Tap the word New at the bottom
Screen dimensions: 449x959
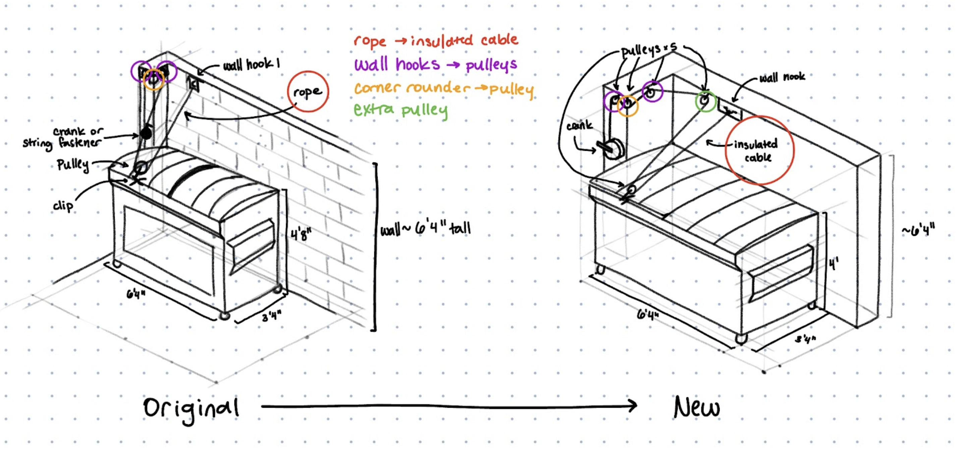pos(696,407)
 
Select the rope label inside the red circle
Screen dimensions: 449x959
pos(307,92)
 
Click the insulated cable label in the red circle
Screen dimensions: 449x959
pos(756,150)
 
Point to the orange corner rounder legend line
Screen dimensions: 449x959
pos(443,88)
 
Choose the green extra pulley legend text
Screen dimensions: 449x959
pos(401,110)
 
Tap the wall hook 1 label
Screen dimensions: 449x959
pos(251,65)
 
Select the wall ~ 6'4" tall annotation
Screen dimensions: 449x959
pos(425,228)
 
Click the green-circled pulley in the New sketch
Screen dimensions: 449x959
pos(705,101)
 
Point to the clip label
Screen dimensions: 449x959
pos(63,205)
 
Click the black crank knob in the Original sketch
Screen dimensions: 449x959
pos(146,132)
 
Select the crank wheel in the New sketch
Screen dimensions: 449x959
pos(613,148)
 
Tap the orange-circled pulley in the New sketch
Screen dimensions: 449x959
pos(628,106)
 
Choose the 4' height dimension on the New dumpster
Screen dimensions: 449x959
pos(834,264)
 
